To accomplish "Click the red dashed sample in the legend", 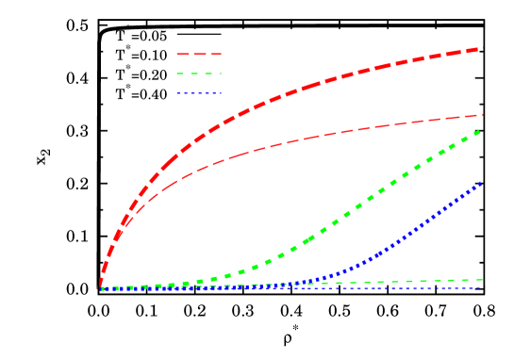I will point(199,55).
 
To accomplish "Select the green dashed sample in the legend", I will point(199,74).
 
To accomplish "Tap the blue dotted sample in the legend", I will point(199,93).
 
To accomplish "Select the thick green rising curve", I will point(377,189).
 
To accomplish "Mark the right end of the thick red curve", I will point(480,49).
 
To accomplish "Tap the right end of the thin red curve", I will point(482,115).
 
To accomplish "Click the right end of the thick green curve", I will point(481,131).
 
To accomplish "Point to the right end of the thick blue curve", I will point(481,184).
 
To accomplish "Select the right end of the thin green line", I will point(482,280).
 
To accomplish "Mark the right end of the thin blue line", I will point(481,287).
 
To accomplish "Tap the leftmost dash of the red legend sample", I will point(182,55).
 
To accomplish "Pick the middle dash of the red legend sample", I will point(199,55).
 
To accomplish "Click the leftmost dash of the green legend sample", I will point(180,74).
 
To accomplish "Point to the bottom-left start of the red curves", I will point(101,286).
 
